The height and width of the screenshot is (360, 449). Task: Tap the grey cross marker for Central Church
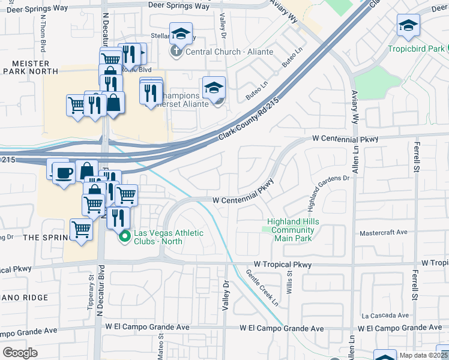pos(176,52)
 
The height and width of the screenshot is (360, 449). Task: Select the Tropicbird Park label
pos(417,49)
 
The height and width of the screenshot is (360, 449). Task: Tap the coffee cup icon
pos(64,173)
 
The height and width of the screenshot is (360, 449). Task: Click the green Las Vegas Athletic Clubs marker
pos(125,236)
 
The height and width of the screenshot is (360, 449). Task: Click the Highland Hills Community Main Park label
pos(294,230)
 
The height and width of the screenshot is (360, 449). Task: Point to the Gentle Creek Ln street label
pos(263,287)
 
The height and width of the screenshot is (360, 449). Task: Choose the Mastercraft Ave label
pos(384,233)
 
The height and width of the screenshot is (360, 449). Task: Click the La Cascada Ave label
pos(385,315)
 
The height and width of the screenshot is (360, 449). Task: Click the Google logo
pos(20,353)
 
